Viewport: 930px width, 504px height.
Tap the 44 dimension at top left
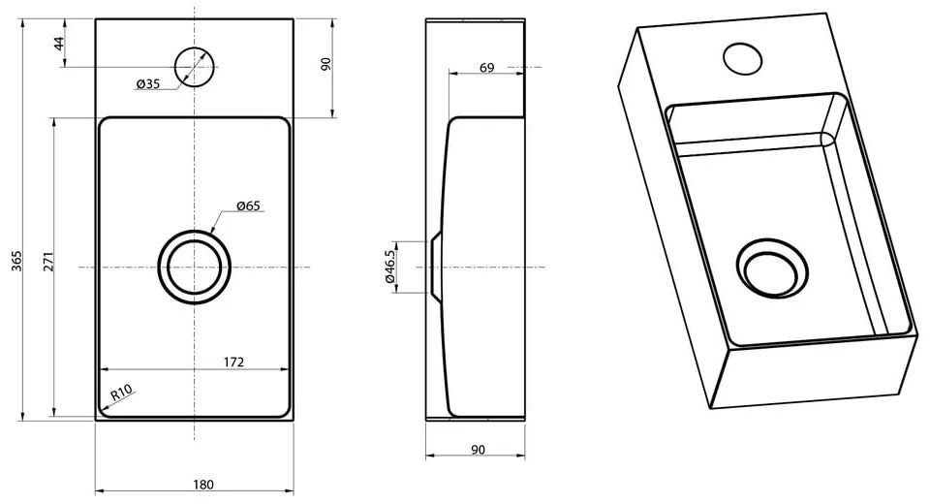pyautogui.click(x=58, y=44)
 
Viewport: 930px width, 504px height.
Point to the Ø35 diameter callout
pyautogui.click(x=147, y=84)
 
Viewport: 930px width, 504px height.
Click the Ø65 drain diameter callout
pyautogui.click(x=249, y=205)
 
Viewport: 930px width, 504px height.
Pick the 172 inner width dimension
pyautogui.click(x=232, y=362)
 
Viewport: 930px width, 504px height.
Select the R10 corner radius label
pyautogui.click(x=120, y=394)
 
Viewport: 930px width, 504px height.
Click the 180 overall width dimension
pyautogui.click(x=203, y=485)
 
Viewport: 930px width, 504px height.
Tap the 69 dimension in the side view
pyautogui.click(x=486, y=67)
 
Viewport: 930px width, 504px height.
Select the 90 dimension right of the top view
pyautogui.click(x=326, y=65)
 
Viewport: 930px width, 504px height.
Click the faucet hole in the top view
pyautogui.click(x=194, y=66)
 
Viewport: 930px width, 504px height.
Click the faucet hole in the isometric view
pyautogui.click(x=744, y=58)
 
